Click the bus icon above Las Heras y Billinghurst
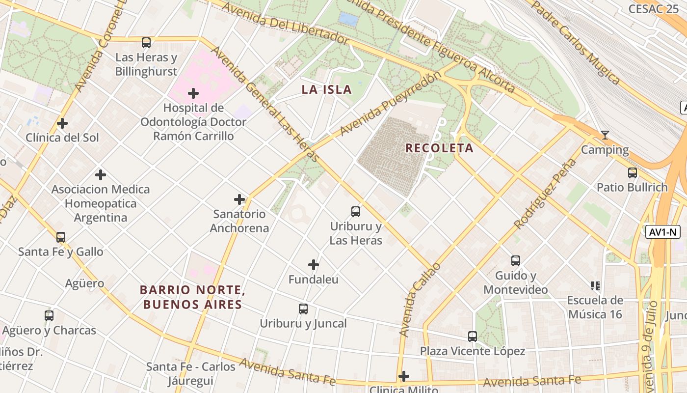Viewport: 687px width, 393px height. coord(146,43)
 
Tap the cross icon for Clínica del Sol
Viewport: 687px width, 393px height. coord(62,123)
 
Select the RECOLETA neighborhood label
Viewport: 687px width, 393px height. coord(439,148)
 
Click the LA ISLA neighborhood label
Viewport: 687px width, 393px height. coord(327,89)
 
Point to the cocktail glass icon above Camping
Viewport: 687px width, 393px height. coord(605,135)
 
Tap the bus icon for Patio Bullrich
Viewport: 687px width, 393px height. coord(632,173)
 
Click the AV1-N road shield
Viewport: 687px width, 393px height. coord(662,232)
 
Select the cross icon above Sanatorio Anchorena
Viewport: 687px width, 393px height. coord(239,199)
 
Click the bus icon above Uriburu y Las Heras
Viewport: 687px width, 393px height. coord(356,212)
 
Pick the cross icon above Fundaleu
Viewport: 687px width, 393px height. coord(314,265)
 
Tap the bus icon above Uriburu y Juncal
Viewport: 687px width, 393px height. coord(303,309)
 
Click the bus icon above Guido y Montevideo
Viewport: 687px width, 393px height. coord(515,261)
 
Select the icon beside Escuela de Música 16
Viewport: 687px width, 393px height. coord(595,286)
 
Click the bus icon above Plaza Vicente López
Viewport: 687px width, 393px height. coord(473,337)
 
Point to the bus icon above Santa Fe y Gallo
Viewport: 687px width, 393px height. coord(61,237)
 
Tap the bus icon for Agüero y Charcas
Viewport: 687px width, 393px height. coord(49,316)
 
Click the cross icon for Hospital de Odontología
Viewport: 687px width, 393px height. coord(193,93)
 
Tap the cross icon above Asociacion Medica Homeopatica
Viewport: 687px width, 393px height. coord(101,175)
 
